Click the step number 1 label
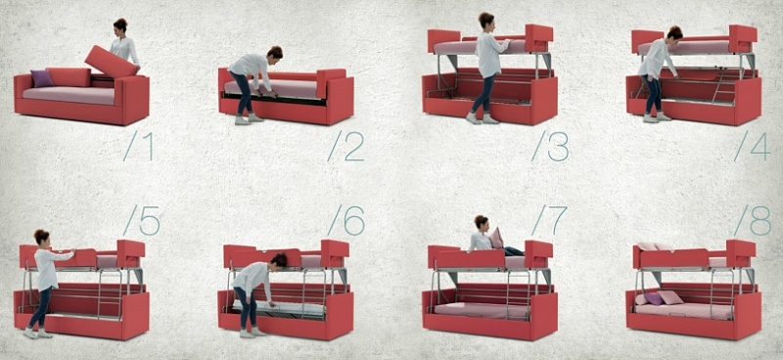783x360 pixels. coord(138,146)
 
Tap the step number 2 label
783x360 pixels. coord(345,146)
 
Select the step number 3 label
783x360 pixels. coord(550,146)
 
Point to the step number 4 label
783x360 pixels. coord(753,146)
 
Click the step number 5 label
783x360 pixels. coord(141,220)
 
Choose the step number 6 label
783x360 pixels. coord(346,220)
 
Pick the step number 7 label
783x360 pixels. coord(549,220)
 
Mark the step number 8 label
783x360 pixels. coord(753,220)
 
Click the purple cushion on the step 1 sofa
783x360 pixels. coord(42,78)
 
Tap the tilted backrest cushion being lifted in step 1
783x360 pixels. coord(111,62)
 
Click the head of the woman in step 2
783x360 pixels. coord(275,52)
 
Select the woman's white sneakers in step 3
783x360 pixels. coord(483,118)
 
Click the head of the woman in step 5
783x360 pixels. coord(41,237)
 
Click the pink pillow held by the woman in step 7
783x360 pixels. coord(496,238)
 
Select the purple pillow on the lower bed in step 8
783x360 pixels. coord(654,298)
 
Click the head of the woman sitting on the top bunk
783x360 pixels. coord(482,223)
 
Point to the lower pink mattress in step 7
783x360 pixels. coord(482,310)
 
